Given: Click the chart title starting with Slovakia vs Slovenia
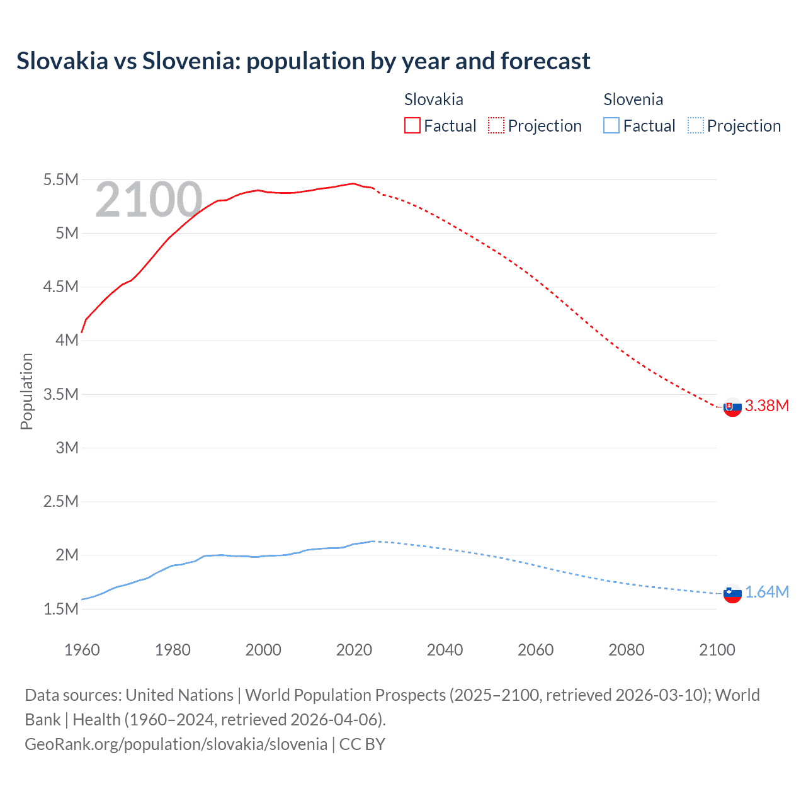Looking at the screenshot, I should click(x=303, y=61).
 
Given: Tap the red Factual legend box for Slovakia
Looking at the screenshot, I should click(x=412, y=126).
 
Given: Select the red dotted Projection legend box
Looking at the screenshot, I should click(x=496, y=126).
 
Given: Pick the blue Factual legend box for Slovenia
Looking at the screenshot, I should click(x=611, y=126).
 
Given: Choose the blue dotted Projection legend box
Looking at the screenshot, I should click(x=695, y=126).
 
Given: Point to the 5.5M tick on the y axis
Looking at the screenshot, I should click(x=60, y=180).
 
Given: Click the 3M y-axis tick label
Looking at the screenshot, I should click(x=67, y=448).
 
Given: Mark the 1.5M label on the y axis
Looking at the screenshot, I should click(x=60, y=609).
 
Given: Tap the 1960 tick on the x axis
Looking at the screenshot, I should click(x=82, y=650).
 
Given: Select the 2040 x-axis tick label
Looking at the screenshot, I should click(x=445, y=650).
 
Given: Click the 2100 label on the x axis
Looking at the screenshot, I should click(x=717, y=650).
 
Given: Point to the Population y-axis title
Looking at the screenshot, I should click(x=26, y=391).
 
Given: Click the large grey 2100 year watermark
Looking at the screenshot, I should click(x=149, y=200).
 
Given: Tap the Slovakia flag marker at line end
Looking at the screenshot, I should click(x=732, y=407).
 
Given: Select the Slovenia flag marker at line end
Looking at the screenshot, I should click(x=732, y=593).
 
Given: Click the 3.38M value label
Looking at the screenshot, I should click(x=766, y=406).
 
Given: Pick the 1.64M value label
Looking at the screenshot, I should click(x=766, y=592).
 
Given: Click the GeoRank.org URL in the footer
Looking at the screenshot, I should click(x=176, y=744).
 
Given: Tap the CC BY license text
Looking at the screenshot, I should click(x=362, y=744).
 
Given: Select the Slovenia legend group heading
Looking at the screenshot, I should click(x=633, y=99).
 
